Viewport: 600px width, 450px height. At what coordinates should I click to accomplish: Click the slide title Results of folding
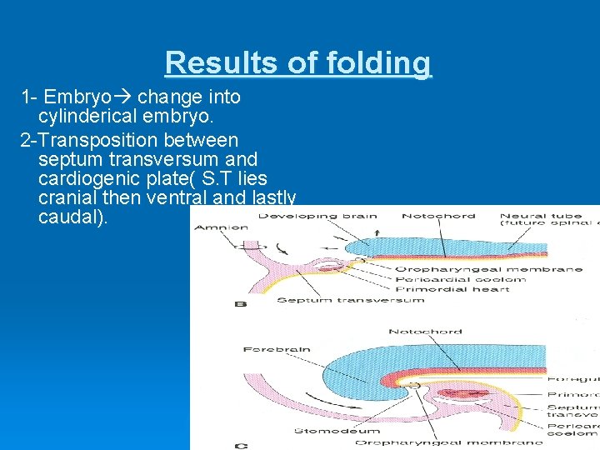pos(298,62)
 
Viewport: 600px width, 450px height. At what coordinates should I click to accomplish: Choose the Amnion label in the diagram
pos(221,227)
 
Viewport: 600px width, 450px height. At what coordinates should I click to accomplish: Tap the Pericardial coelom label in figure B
pos(461,279)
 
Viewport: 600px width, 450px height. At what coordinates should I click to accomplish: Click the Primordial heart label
pos(452,289)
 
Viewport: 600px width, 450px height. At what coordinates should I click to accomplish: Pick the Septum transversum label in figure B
pos(350,300)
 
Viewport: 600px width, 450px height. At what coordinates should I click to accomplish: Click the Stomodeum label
pos(326,431)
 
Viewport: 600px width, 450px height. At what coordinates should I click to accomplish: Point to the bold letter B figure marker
pos(241,305)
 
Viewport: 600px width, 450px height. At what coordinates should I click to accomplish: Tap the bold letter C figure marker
pos(241,446)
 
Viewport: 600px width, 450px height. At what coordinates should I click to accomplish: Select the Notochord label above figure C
pos(425,332)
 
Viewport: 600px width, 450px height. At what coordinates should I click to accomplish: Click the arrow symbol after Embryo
pos(125,97)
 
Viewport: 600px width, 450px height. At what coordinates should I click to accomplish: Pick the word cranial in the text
pos(70,199)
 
